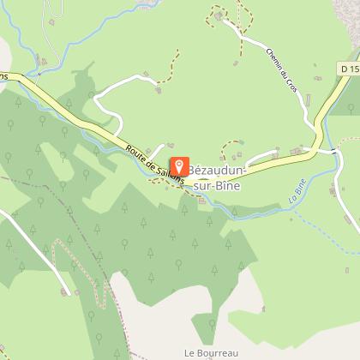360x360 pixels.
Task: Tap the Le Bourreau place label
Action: tap(210, 352)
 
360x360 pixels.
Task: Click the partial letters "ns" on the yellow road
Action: tap(5, 77)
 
